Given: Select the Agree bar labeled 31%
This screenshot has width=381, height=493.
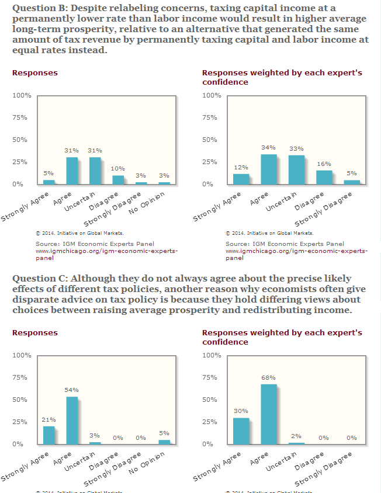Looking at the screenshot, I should click(x=72, y=171).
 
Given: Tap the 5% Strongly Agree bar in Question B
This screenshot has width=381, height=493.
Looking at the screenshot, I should click(x=49, y=182).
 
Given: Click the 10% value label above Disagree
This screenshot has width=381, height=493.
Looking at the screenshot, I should click(x=117, y=169).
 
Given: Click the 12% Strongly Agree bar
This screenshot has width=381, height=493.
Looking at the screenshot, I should click(x=241, y=179).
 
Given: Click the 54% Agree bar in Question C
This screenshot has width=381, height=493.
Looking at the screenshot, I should click(x=72, y=421).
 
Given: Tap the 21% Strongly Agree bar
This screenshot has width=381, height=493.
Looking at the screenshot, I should click(x=49, y=435).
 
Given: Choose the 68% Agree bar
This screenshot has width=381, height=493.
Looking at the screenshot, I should click(x=269, y=414).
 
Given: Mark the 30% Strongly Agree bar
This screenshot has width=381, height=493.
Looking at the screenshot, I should click(x=241, y=431).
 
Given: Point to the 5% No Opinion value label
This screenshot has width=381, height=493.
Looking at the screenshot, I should click(x=164, y=433).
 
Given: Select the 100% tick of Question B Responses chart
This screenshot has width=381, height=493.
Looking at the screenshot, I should click(x=21, y=96).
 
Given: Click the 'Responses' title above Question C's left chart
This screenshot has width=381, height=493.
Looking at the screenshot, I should click(x=35, y=333).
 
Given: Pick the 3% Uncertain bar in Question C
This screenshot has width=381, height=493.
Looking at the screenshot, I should click(x=95, y=443).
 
